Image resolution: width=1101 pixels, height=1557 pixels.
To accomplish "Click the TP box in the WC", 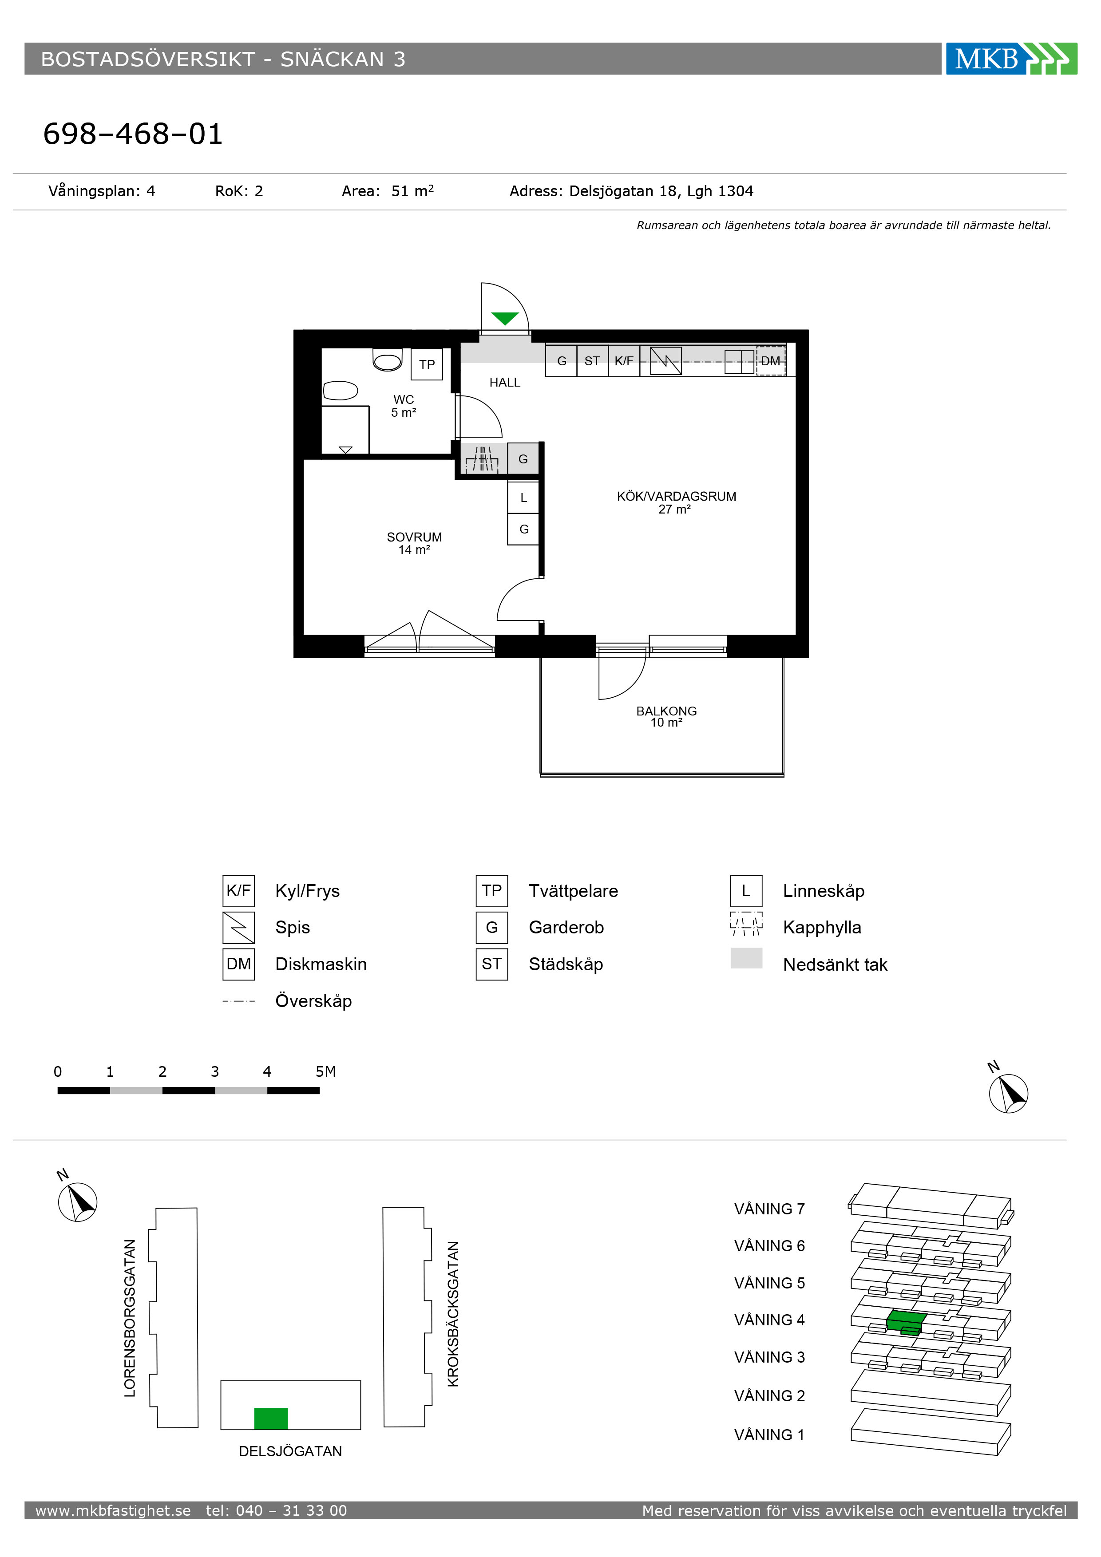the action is click(x=427, y=364).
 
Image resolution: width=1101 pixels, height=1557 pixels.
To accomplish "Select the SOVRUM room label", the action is click(x=415, y=537).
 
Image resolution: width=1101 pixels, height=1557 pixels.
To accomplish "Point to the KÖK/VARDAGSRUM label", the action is click(x=676, y=496).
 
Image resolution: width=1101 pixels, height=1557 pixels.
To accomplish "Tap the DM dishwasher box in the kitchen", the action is click(x=771, y=361).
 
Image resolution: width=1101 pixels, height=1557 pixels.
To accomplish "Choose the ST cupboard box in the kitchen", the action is click(x=592, y=361).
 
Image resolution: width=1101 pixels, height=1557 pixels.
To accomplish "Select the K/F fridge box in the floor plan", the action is click(x=624, y=361).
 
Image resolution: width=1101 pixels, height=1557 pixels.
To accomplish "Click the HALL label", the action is click(x=505, y=383).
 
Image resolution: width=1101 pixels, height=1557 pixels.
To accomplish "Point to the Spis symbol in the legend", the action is click(x=239, y=927).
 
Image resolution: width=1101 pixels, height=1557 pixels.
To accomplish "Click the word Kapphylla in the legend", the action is click(x=822, y=928).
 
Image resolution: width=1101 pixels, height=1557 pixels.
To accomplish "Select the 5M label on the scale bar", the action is click(x=325, y=1071).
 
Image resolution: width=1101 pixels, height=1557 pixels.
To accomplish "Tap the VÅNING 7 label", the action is click(x=769, y=1209).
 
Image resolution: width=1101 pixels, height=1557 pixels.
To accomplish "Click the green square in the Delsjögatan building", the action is click(x=271, y=1419).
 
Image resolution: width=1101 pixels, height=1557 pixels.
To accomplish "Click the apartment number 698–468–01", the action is click(x=133, y=134).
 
